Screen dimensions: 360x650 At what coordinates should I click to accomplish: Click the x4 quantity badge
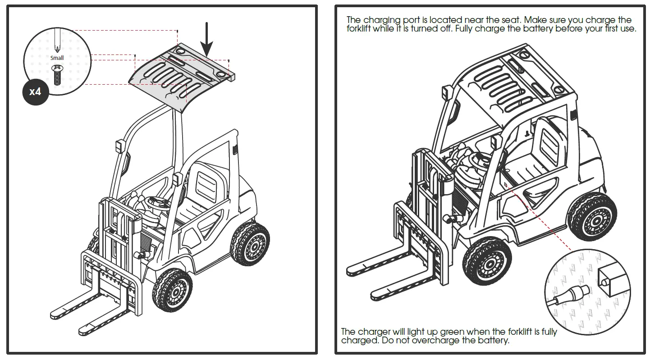pos(35,92)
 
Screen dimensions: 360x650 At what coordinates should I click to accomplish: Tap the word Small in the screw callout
pos(57,58)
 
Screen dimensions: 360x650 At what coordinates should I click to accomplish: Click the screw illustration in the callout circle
pos(57,75)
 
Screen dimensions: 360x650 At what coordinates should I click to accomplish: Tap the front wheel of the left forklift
pos(173,291)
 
